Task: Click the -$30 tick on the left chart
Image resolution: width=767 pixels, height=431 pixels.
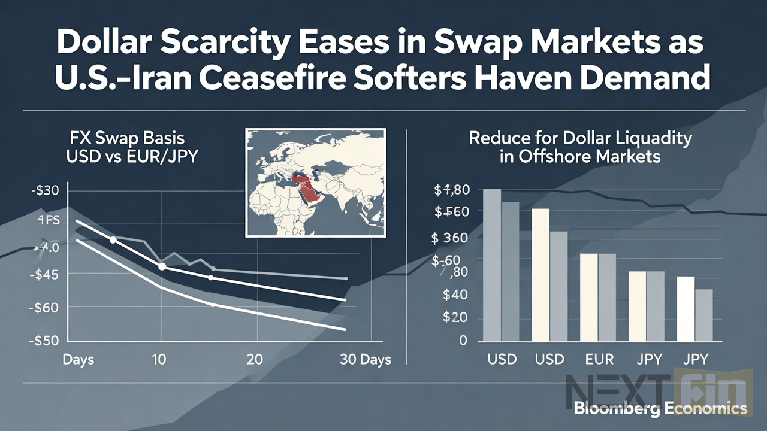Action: [44, 191]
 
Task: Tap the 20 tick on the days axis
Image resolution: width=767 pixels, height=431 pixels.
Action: [255, 359]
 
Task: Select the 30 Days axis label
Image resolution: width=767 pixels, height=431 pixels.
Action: [365, 359]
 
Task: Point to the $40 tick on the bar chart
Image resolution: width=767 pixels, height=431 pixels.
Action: [454, 294]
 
